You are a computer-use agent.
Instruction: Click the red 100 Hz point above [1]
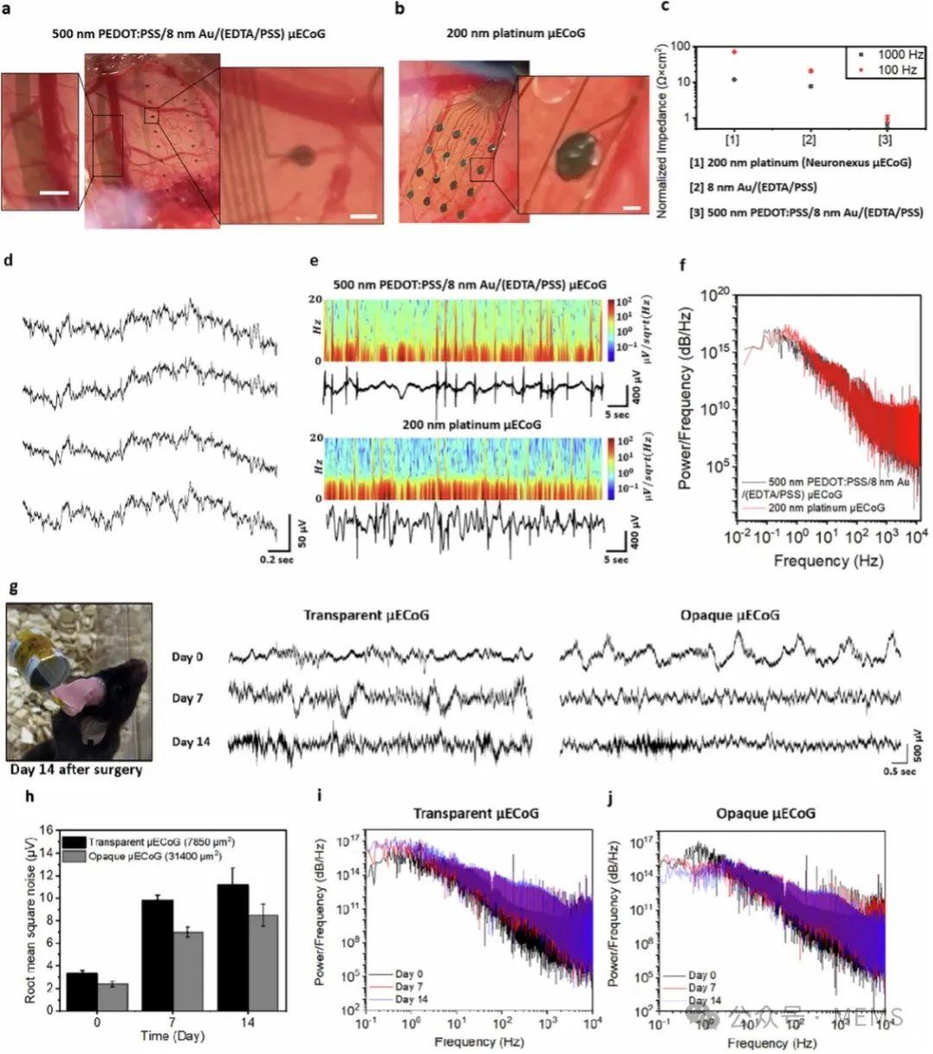[x=733, y=52]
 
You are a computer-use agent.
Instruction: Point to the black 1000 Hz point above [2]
[x=810, y=86]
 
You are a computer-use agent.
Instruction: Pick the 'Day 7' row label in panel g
[x=187, y=697]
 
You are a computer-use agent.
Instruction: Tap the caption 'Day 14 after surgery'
[x=74, y=768]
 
